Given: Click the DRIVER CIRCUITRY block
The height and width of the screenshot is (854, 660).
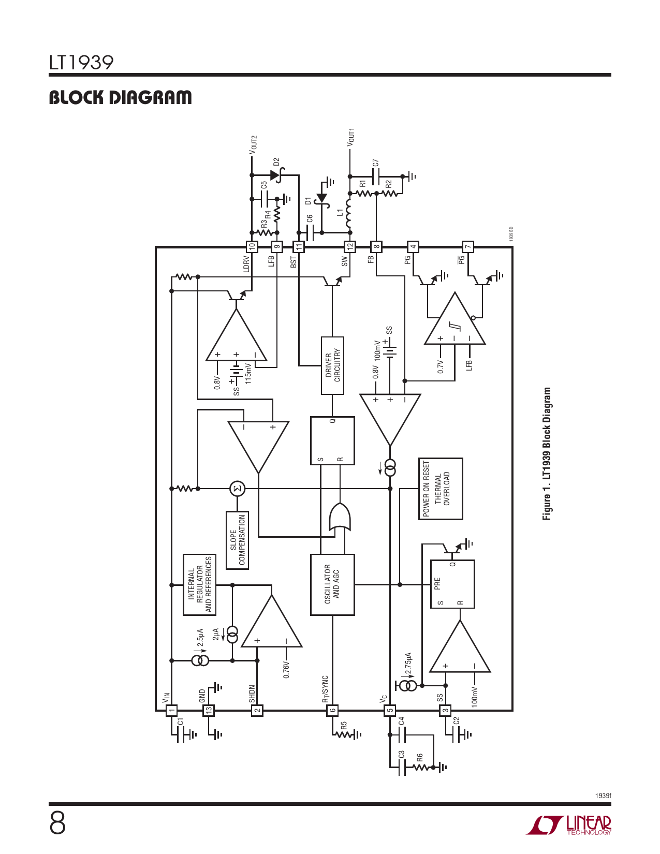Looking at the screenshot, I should tap(332, 365).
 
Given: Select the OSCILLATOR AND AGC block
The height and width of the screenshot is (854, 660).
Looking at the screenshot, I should tap(332, 585).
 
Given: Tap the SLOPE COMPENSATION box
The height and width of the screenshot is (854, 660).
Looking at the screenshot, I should tap(237, 540).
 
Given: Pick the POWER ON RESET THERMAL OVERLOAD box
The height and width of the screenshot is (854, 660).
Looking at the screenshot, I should tap(440, 489).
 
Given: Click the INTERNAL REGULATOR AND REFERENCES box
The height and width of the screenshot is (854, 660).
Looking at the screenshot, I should tap(199, 585).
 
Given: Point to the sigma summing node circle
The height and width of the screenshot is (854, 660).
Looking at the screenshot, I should tap(237, 489).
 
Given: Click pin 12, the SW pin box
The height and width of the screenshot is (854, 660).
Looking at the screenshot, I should tap(350, 247).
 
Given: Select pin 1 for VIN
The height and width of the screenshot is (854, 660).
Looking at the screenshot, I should tap(171, 711).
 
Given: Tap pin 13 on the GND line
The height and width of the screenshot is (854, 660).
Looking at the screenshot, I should tap(208, 711).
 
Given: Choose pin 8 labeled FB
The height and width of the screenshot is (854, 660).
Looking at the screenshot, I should tap(376, 247).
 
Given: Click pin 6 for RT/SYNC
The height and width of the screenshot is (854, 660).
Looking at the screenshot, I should tap(332, 711).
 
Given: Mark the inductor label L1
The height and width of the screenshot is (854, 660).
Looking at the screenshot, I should tap(340, 213).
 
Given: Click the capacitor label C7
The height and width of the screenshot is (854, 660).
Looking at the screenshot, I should tap(376, 163).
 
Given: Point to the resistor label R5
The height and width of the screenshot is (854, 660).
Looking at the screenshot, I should tap(344, 725).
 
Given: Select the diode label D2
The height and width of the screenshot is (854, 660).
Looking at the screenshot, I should tap(276, 162).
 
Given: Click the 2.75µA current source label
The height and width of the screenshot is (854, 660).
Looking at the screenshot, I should tap(408, 664).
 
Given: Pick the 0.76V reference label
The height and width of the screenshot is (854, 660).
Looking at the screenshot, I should tap(286, 669).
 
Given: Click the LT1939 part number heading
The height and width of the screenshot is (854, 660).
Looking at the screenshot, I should tap(81, 63).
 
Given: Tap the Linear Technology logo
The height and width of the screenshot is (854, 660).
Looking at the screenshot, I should tap(569, 825).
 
